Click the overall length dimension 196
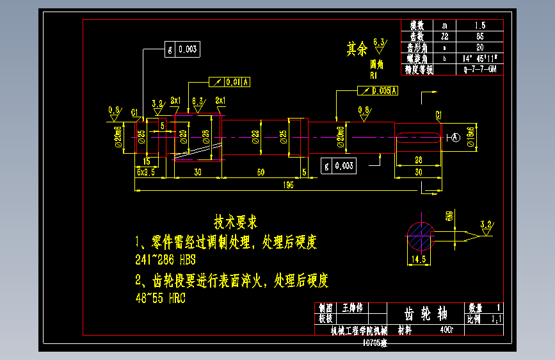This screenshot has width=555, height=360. pyautogui.click(x=288, y=185)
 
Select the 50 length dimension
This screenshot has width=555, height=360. pyautogui.click(x=261, y=172)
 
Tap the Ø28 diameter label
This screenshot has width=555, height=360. pyautogui.click(x=205, y=136)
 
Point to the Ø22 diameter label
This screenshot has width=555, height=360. pyautogui.click(x=255, y=136)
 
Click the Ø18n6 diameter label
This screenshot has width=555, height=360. pyautogui.click(x=471, y=136)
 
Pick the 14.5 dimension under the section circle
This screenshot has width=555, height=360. pyautogui.click(x=419, y=259)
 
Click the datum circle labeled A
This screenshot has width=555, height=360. pyautogui.click(x=455, y=137)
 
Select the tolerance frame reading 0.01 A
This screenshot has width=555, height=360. pyautogui.click(x=230, y=82)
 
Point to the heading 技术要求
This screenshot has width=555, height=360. pyautogui.click(x=236, y=222)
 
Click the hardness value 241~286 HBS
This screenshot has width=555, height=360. pyautogui.click(x=165, y=261)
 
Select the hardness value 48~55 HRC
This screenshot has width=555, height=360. pyautogui.click(x=160, y=299)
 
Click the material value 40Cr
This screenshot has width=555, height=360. pyautogui.click(x=446, y=331)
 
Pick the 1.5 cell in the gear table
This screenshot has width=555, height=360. pyautogui.click(x=479, y=26)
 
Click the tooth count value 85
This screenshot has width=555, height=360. pyautogui.click(x=479, y=37)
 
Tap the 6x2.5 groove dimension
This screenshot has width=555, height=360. pyautogui.click(x=146, y=172)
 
